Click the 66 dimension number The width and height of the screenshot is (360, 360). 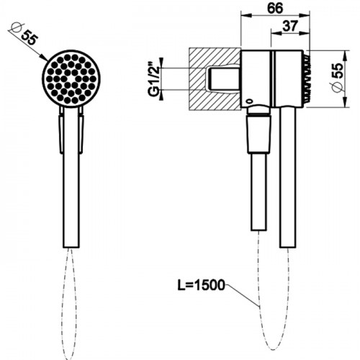275,8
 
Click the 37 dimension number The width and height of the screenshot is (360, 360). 290,26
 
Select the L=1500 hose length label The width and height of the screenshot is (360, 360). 201,285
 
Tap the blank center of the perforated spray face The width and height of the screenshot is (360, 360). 71,79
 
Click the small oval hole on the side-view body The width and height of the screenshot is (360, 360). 249,101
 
